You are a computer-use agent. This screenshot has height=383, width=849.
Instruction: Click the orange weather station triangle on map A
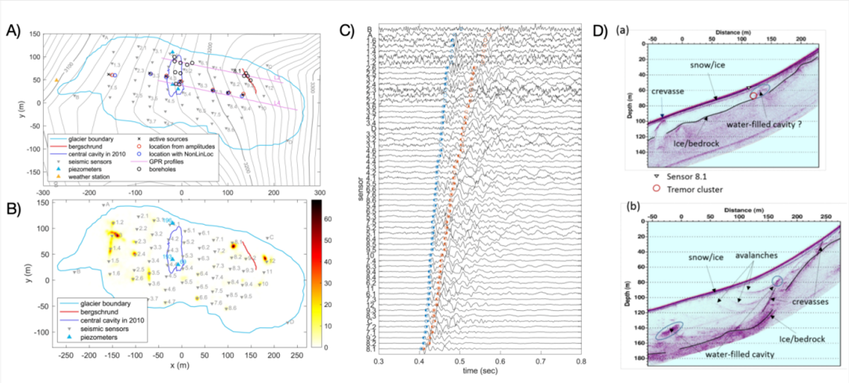[56, 80]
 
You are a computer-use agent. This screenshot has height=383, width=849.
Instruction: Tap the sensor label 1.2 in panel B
[118, 223]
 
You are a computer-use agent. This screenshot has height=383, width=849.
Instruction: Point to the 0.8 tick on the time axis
[580, 362]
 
